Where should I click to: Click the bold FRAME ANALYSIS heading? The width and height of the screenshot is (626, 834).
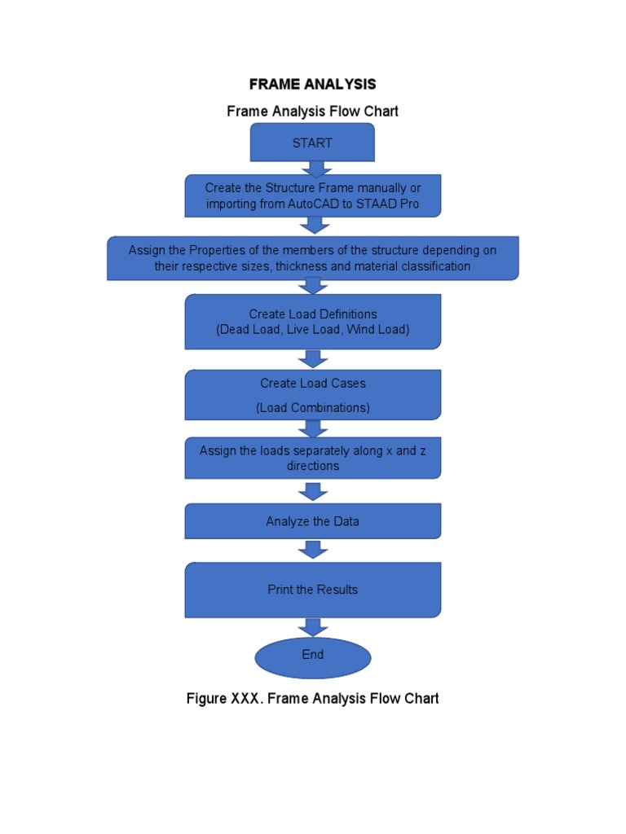point(312,84)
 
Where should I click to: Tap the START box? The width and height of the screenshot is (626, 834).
point(312,143)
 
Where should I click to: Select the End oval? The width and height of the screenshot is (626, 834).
point(312,656)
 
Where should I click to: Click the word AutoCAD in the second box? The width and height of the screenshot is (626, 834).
point(309,204)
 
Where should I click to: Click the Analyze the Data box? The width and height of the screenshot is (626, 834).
point(312,521)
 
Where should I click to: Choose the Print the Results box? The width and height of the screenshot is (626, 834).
point(312,590)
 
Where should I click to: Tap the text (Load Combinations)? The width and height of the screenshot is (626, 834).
point(312,407)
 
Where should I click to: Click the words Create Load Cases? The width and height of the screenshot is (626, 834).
point(312,383)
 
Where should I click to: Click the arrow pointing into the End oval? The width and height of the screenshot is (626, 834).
point(313,627)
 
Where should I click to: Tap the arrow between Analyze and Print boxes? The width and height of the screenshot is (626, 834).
point(313,549)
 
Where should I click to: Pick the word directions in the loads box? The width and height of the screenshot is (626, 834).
point(312,467)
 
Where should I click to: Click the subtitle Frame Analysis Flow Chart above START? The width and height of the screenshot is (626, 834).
point(312,112)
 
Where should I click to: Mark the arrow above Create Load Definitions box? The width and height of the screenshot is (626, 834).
point(313,286)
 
